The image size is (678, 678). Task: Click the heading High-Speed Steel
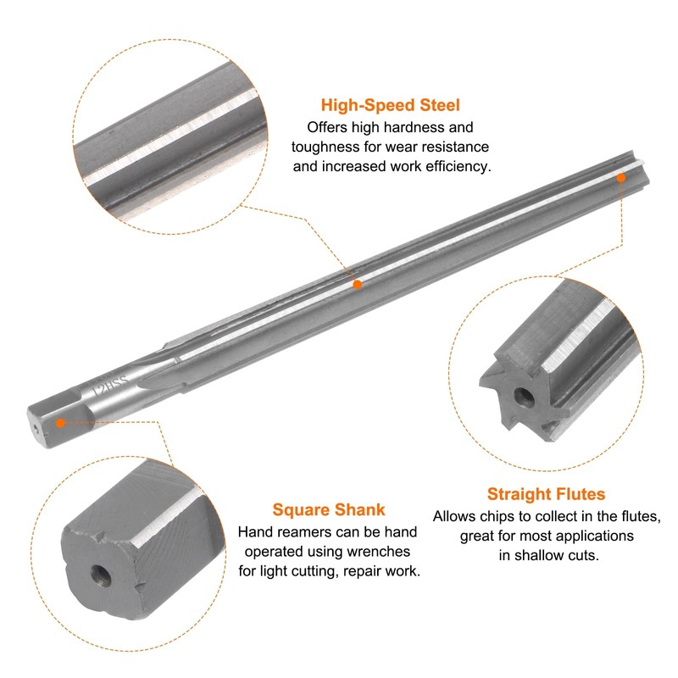391,106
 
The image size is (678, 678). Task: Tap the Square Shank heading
329,509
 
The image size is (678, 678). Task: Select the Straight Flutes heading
546,493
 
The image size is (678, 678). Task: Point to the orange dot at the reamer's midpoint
358,285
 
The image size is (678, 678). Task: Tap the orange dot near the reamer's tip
620,177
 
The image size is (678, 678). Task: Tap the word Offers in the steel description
327,127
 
